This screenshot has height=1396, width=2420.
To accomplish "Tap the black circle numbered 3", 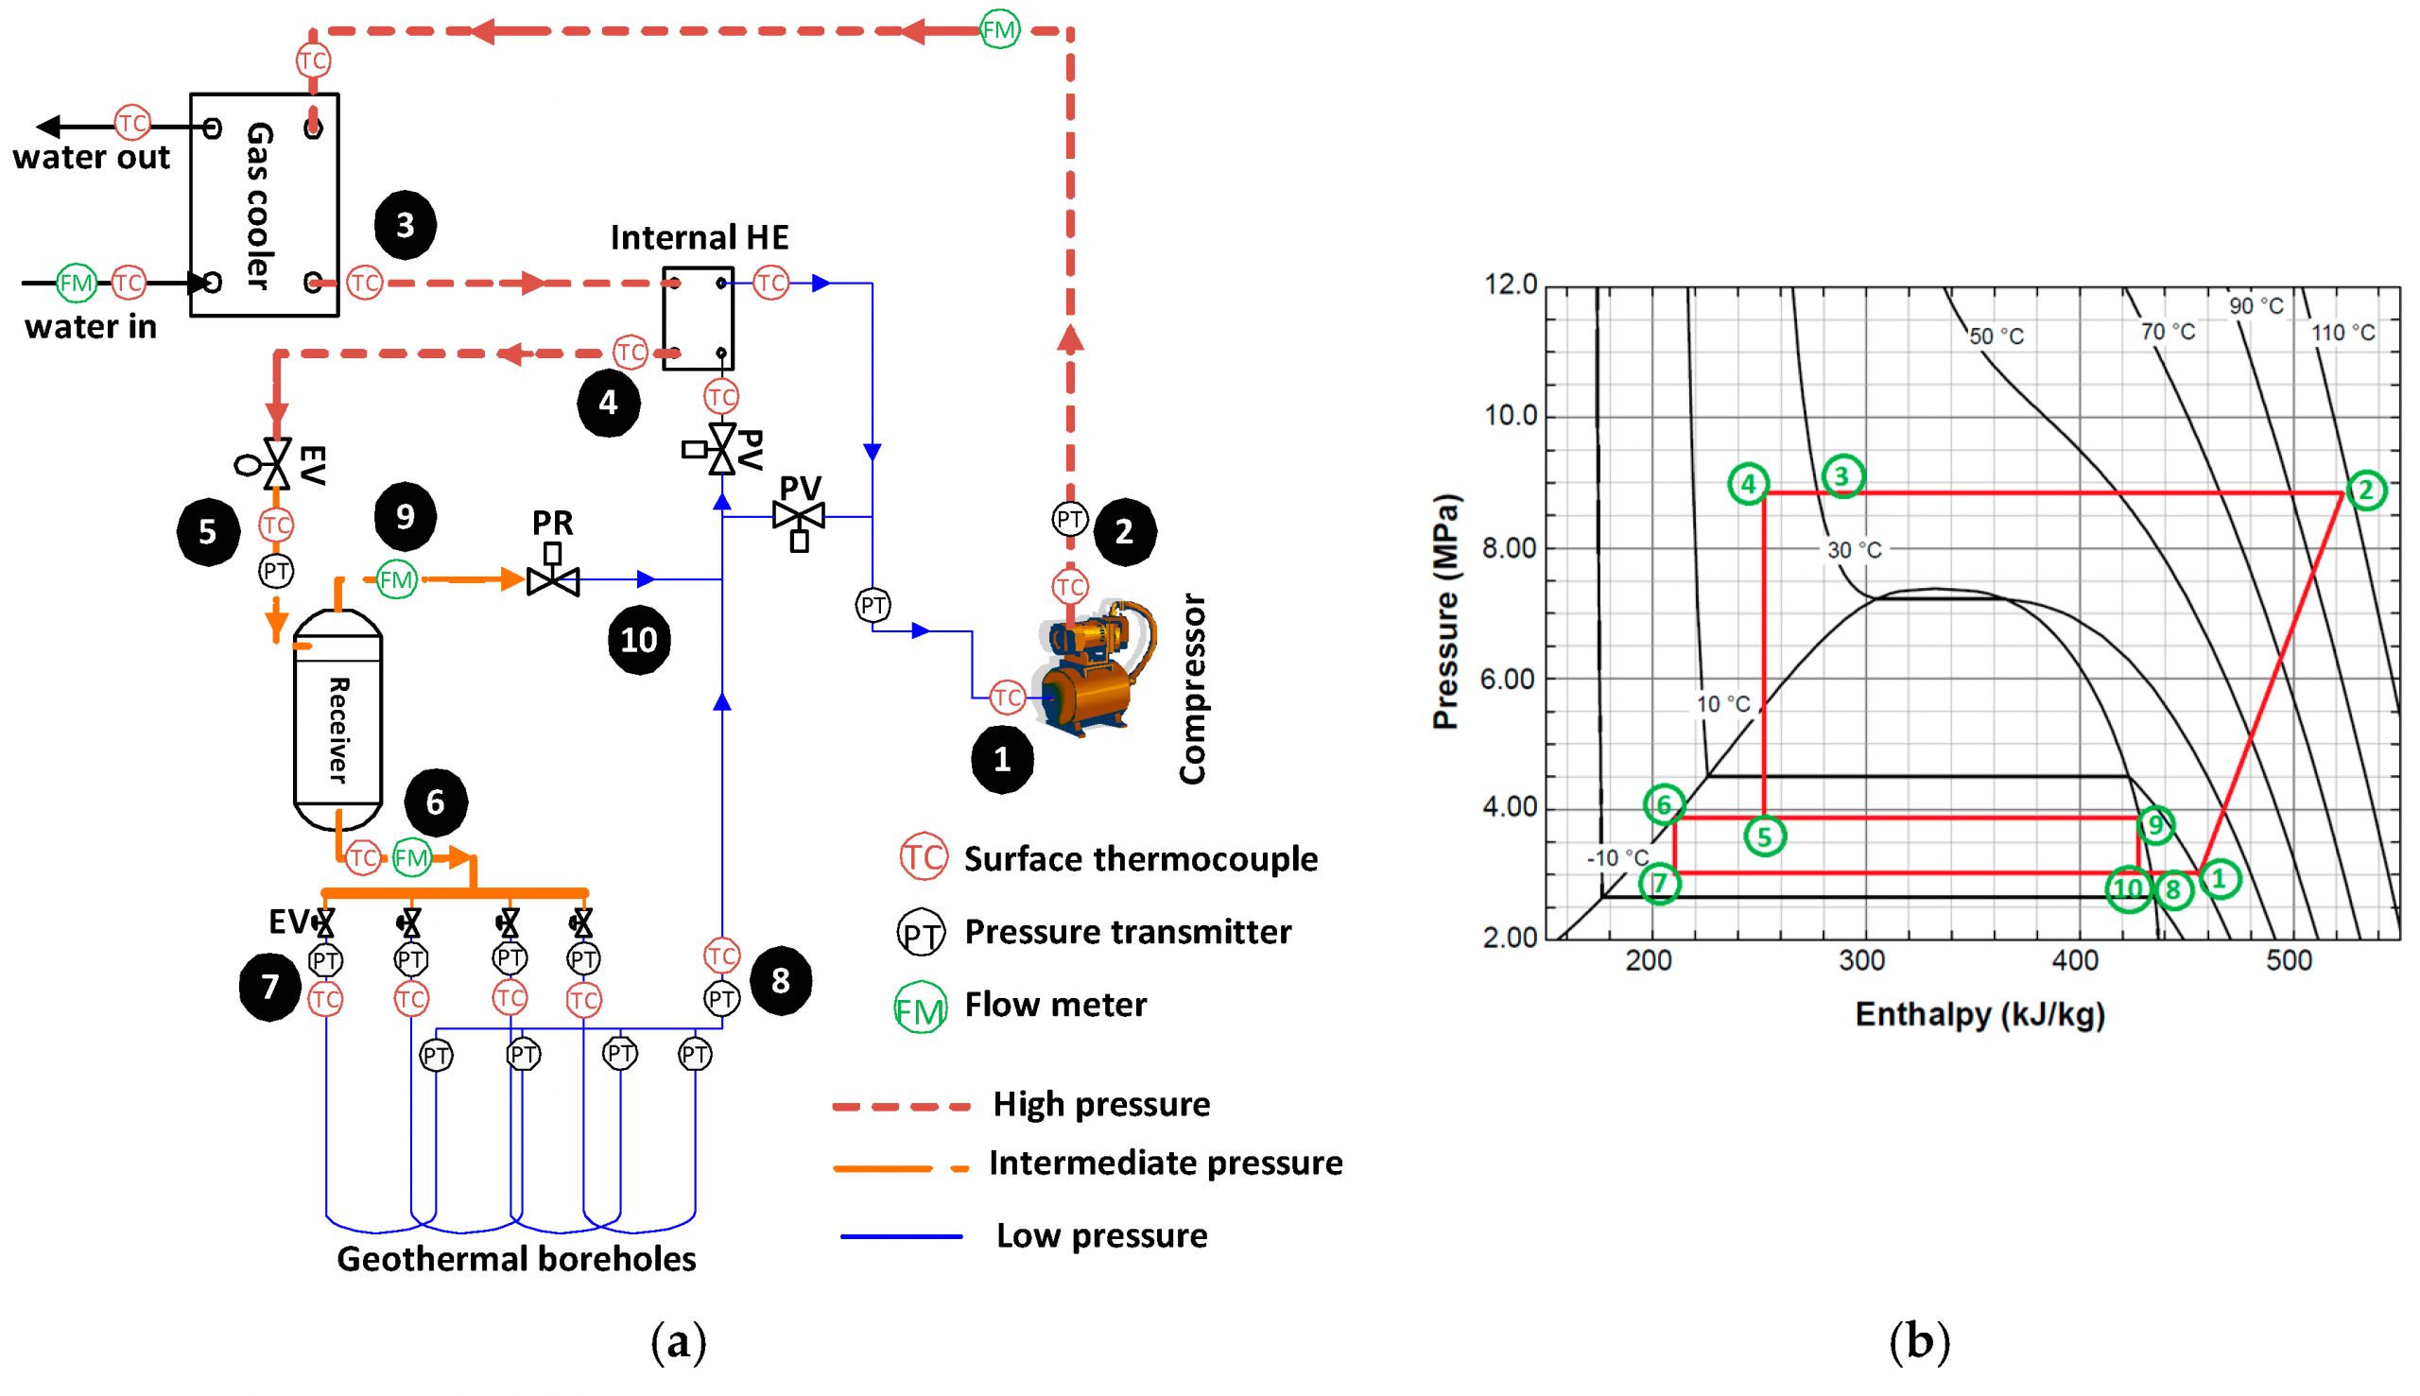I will (405, 225).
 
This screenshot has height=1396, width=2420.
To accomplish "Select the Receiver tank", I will (337, 719).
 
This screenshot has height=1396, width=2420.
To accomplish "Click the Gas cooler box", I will (264, 204).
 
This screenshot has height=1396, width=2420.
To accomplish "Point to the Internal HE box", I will (698, 319).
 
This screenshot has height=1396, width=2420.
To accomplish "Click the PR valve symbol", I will (553, 579).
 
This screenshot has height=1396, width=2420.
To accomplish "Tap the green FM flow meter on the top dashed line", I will (999, 30).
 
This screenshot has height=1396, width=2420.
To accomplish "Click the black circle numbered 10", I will (638, 640).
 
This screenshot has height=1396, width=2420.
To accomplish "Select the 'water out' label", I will (91, 157).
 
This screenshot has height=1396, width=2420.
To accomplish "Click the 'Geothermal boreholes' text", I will (516, 1259).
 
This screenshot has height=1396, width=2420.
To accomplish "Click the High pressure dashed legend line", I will (901, 1107).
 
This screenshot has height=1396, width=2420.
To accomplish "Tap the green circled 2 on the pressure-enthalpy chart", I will (2365, 491).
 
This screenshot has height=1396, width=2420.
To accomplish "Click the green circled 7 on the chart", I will (1660, 883).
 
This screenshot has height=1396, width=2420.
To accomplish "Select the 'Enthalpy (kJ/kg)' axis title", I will (1979, 1014).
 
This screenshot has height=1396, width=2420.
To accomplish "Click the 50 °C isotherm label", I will (1996, 336).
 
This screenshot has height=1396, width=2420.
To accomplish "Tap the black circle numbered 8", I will (781, 981).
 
